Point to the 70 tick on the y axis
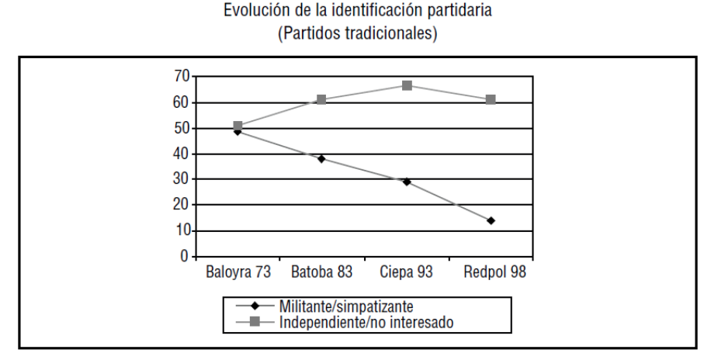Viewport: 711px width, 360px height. click(182, 76)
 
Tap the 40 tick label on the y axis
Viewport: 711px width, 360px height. click(182, 154)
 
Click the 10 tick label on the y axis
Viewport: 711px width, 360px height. click(182, 230)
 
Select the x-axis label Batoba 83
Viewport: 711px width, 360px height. click(321, 273)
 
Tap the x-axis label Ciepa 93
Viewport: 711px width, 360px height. click(406, 273)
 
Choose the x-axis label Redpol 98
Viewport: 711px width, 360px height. click(491, 273)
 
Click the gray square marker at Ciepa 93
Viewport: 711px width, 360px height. click(407, 85)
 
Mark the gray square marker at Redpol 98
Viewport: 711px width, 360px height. click(491, 100)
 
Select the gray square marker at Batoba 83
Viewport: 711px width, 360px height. click(321, 100)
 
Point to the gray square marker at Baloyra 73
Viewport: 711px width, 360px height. click(238, 126)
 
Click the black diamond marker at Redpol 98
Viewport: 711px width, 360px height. click(491, 220)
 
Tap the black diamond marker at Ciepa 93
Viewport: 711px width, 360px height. click(407, 182)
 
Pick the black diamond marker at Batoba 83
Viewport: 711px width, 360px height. click(321, 159)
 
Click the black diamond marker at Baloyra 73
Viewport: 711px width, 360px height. click(238, 131)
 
